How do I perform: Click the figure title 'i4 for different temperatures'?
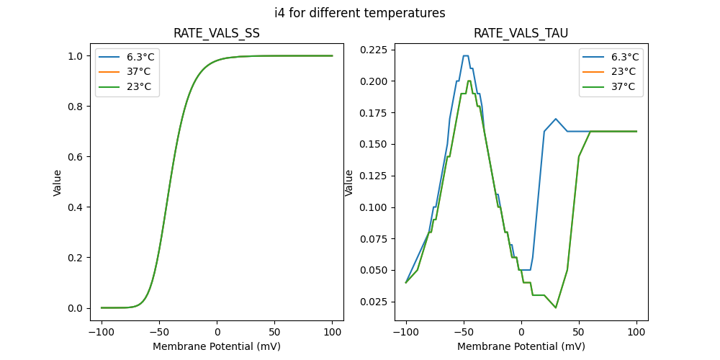tap(359, 13)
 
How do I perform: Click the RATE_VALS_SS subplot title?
tap(217, 34)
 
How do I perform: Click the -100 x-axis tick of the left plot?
tap(102, 333)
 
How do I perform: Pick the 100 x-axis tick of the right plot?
tap(636, 333)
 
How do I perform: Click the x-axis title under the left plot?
tap(217, 346)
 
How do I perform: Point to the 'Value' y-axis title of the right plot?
tap(349, 182)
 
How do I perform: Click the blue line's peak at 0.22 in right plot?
tap(466, 55)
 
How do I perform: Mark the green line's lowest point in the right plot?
tap(556, 307)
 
